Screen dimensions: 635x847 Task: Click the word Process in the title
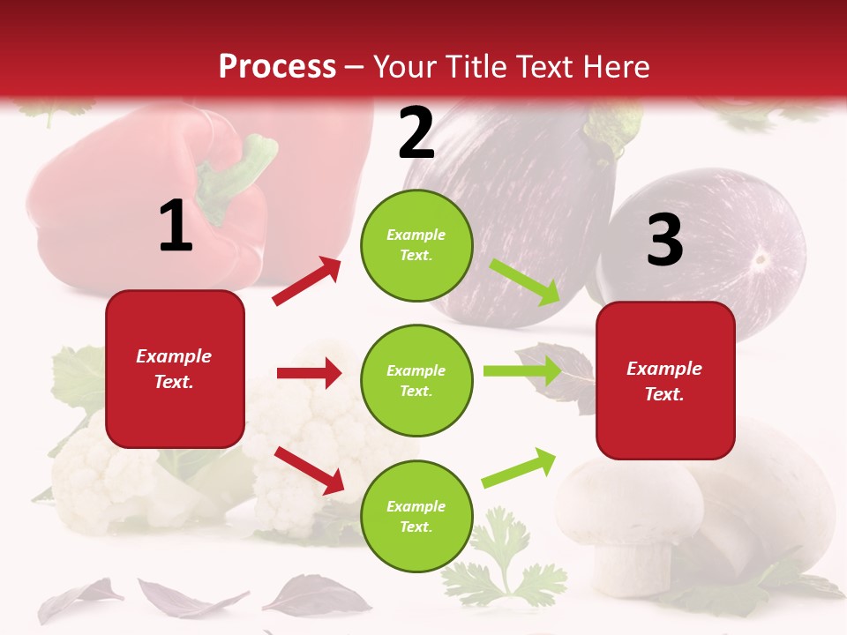point(277,67)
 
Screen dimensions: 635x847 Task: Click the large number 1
point(176,227)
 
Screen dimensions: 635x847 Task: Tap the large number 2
point(416,133)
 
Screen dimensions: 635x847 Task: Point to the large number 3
point(665,241)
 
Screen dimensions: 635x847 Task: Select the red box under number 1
point(175,369)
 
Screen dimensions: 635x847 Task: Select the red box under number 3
point(665,380)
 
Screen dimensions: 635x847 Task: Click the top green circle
point(416,245)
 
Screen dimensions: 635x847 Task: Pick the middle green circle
point(416,380)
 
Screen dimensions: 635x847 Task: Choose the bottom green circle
point(416,516)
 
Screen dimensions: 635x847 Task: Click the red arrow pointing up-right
point(307,280)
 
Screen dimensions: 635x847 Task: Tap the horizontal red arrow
point(309,373)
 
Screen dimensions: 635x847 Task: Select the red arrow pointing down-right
point(309,469)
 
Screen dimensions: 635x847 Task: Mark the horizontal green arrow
point(521,370)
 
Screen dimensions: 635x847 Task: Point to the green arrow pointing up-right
point(520,467)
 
